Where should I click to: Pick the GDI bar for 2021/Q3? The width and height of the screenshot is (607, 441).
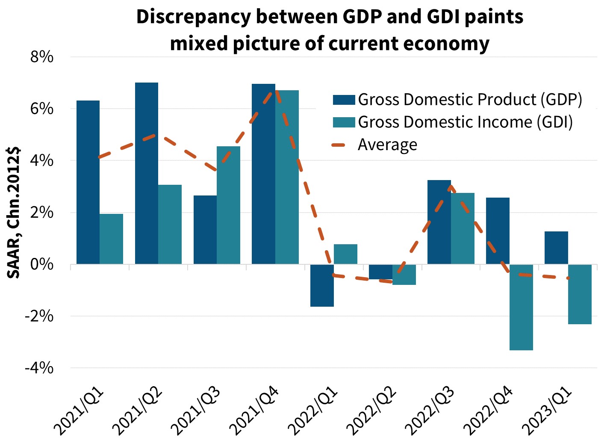(228, 205)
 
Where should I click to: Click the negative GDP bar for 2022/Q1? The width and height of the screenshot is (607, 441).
(322, 285)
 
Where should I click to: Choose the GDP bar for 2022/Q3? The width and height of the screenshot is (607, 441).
(439, 222)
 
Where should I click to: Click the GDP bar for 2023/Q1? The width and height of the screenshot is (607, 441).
(556, 248)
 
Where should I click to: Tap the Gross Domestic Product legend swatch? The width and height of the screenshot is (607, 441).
(344, 100)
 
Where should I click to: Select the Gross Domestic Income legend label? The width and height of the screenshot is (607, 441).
(465, 122)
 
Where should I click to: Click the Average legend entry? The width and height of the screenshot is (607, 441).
(387, 145)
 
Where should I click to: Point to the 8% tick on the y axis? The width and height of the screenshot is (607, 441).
(41, 57)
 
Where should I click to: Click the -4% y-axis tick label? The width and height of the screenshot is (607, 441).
(39, 368)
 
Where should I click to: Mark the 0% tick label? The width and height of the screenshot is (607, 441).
(41, 264)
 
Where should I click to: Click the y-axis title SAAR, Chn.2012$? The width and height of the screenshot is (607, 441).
(14, 213)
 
